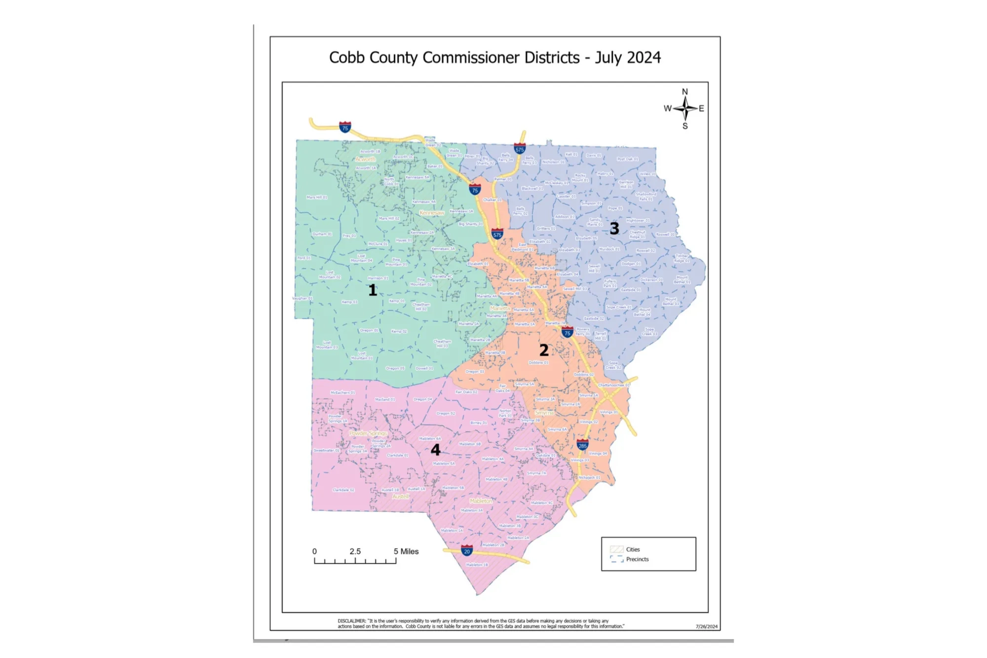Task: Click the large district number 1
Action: tap(373, 290)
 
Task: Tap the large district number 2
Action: tap(544, 350)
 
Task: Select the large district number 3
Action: tap(614, 229)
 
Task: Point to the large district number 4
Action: tap(435, 450)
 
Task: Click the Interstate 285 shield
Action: tap(582, 445)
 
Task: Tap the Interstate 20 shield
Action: tap(467, 551)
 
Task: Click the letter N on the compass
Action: tap(685, 92)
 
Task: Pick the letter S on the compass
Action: tap(685, 126)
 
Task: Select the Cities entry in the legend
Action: tap(633, 549)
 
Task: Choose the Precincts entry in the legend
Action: tap(637, 559)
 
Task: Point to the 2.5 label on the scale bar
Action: tap(355, 551)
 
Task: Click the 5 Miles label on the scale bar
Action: tap(406, 551)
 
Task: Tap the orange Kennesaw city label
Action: tap(432, 213)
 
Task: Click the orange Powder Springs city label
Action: tap(368, 433)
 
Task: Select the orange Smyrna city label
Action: tap(544, 413)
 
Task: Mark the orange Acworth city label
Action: tap(365, 159)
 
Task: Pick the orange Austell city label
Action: tap(401, 496)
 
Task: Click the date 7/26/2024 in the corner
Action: tap(707, 626)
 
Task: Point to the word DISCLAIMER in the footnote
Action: tap(351, 621)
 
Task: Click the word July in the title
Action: tap(608, 58)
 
